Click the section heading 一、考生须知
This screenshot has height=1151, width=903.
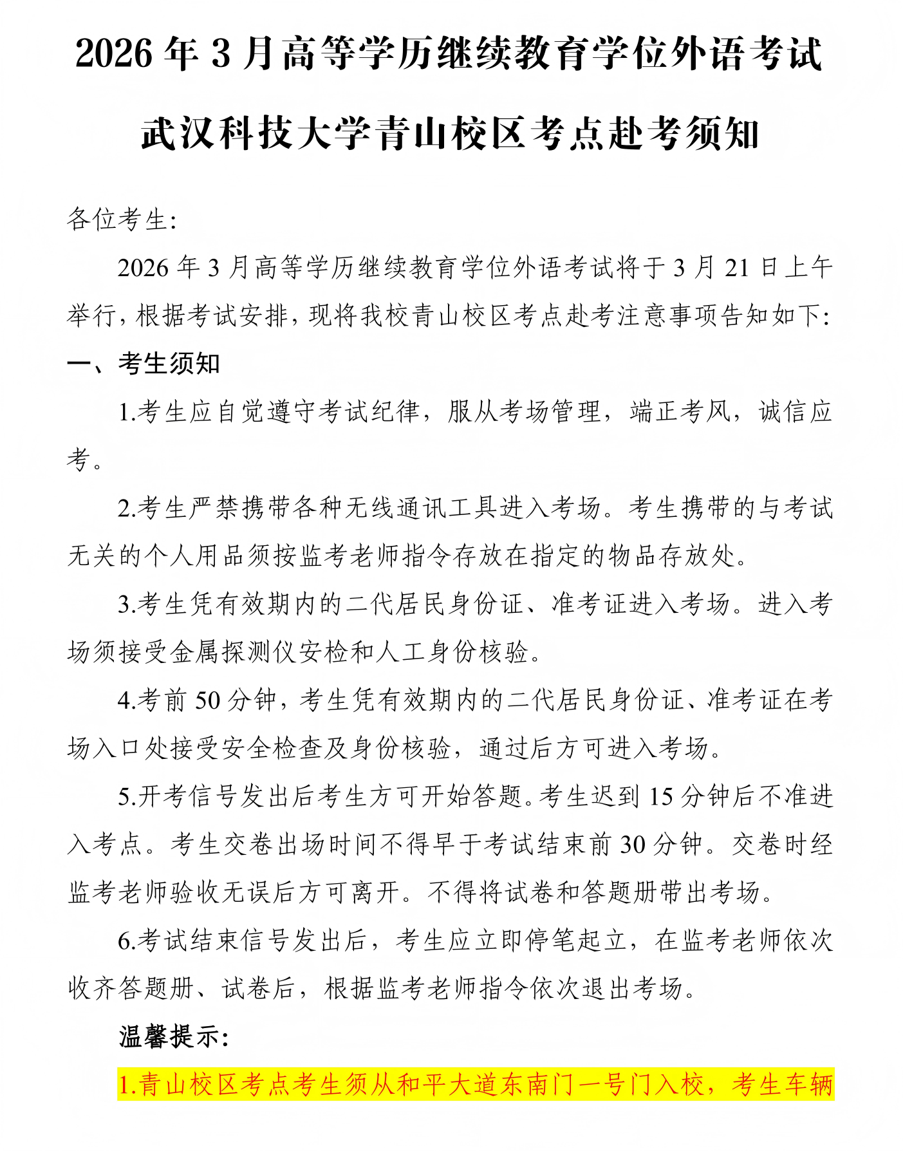pyautogui.click(x=144, y=364)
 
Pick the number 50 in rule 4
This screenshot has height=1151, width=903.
pyautogui.click(x=207, y=700)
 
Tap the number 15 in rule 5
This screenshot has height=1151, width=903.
pyautogui.click(x=661, y=796)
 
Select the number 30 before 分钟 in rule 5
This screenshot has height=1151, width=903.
pyautogui.click(x=633, y=845)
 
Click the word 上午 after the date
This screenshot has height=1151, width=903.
pyautogui.click(x=808, y=268)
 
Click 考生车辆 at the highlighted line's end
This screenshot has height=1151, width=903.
pyautogui.click(x=783, y=1085)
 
